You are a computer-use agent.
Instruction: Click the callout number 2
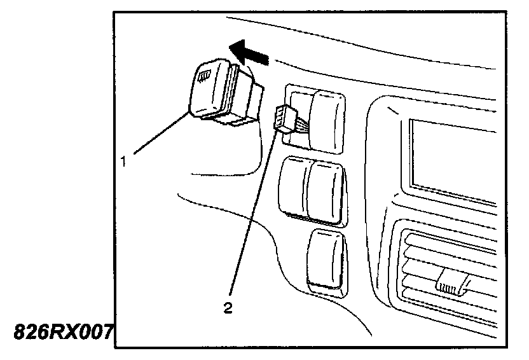pos(227,308)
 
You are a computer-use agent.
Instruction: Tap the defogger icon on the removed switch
pos(204,78)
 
